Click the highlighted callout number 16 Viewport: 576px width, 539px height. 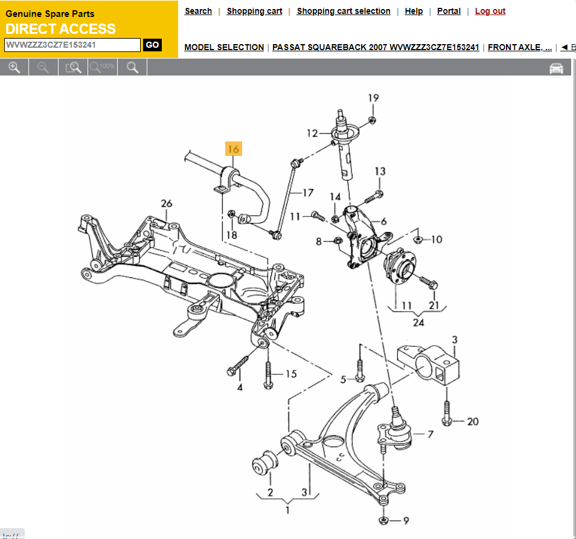coord(234,149)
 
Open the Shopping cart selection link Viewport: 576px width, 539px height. coord(344,11)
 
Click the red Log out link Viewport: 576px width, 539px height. coord(490,11)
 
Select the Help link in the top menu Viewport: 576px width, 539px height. coord(414,11)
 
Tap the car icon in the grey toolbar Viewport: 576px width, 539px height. coord(556,68)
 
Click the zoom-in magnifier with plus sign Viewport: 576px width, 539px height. coord(14,68)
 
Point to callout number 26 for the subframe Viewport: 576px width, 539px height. coord(167,204)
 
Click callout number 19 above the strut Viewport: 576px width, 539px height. coord(373,98)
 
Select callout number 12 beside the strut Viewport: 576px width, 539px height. coord(312,134)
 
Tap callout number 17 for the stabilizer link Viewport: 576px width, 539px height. coord(308,193)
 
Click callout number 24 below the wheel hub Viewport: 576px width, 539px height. coord(418,322)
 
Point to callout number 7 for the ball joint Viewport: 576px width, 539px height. coord(430,434)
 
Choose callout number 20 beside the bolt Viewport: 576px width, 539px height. coord(473,421)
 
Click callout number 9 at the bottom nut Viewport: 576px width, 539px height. coord(406,520)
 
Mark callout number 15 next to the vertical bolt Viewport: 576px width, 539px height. coord(291,374)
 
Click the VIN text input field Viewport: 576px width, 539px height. coord(72,45)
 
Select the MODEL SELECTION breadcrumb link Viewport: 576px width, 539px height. coord(224,47)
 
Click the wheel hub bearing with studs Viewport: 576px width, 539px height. coord(400,266)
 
